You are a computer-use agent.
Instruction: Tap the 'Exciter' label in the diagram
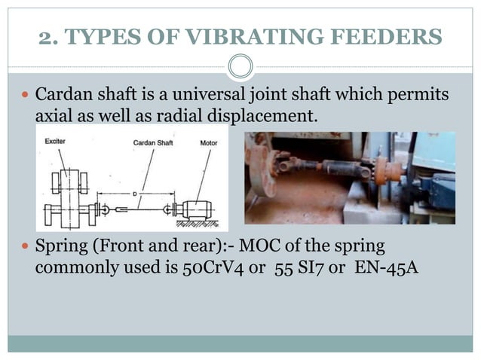pyautogui.click(x=54, y=141)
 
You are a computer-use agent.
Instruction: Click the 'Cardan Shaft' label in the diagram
pyautogui.click(x=152, y=141)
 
